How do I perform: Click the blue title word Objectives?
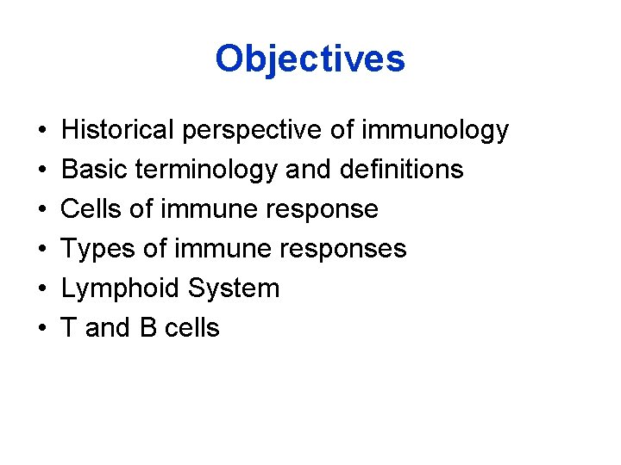point(310,59)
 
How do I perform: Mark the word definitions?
point(401,170)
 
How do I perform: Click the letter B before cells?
point(146,328)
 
